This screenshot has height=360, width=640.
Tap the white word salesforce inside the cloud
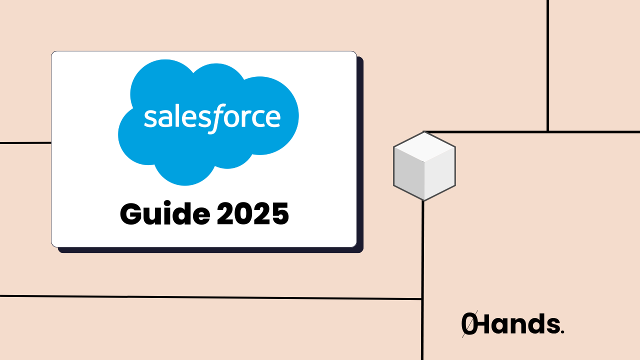pyautogui.click(x=212, y=117)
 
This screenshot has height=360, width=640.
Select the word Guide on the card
pyautogui.click(x=164, y=214)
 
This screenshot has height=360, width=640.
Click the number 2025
pyautogui.click(x=253, y=214)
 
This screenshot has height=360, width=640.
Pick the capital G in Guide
pyautogui.click(x=130, y=214)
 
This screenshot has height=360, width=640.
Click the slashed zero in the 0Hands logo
pyautogui.click(x=468, y=325)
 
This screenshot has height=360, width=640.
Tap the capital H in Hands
pyautogui.click(x=485, y=324)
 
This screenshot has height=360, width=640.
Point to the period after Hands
pyautogui.click(x=562, y=332)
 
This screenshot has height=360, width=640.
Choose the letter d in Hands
pyautogui.click(x=532, y=324)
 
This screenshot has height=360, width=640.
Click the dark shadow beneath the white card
pyautogui.click(x=210, y=250)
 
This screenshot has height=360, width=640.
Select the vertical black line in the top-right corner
pyautogui.click(x=548, y=65)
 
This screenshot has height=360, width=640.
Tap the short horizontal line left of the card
pyautogui.click(x=25, y=143)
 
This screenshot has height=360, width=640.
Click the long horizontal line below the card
pyautogui.click(x=210, y=297)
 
